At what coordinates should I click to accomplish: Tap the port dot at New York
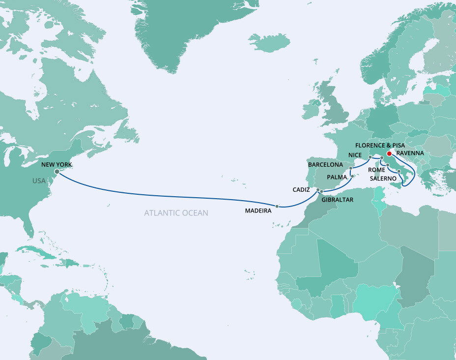click(x=57, y=172)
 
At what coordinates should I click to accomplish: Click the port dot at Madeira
click(x=277, y=207)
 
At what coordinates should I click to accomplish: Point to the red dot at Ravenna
click(x=389, y=153)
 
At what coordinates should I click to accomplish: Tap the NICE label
click(x=355, y=155)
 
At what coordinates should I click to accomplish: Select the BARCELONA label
click(x=325, y=165)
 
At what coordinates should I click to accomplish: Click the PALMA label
click(x=338, y=177)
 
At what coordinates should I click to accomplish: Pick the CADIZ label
click(x=301, y=189)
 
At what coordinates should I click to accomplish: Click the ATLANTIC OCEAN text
click(x=176, y=213)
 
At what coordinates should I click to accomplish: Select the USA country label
click(x=39, y=181)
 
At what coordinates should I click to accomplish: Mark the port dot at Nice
click(x=370, y=157)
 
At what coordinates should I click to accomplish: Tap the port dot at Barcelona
click(x=351, y=168)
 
